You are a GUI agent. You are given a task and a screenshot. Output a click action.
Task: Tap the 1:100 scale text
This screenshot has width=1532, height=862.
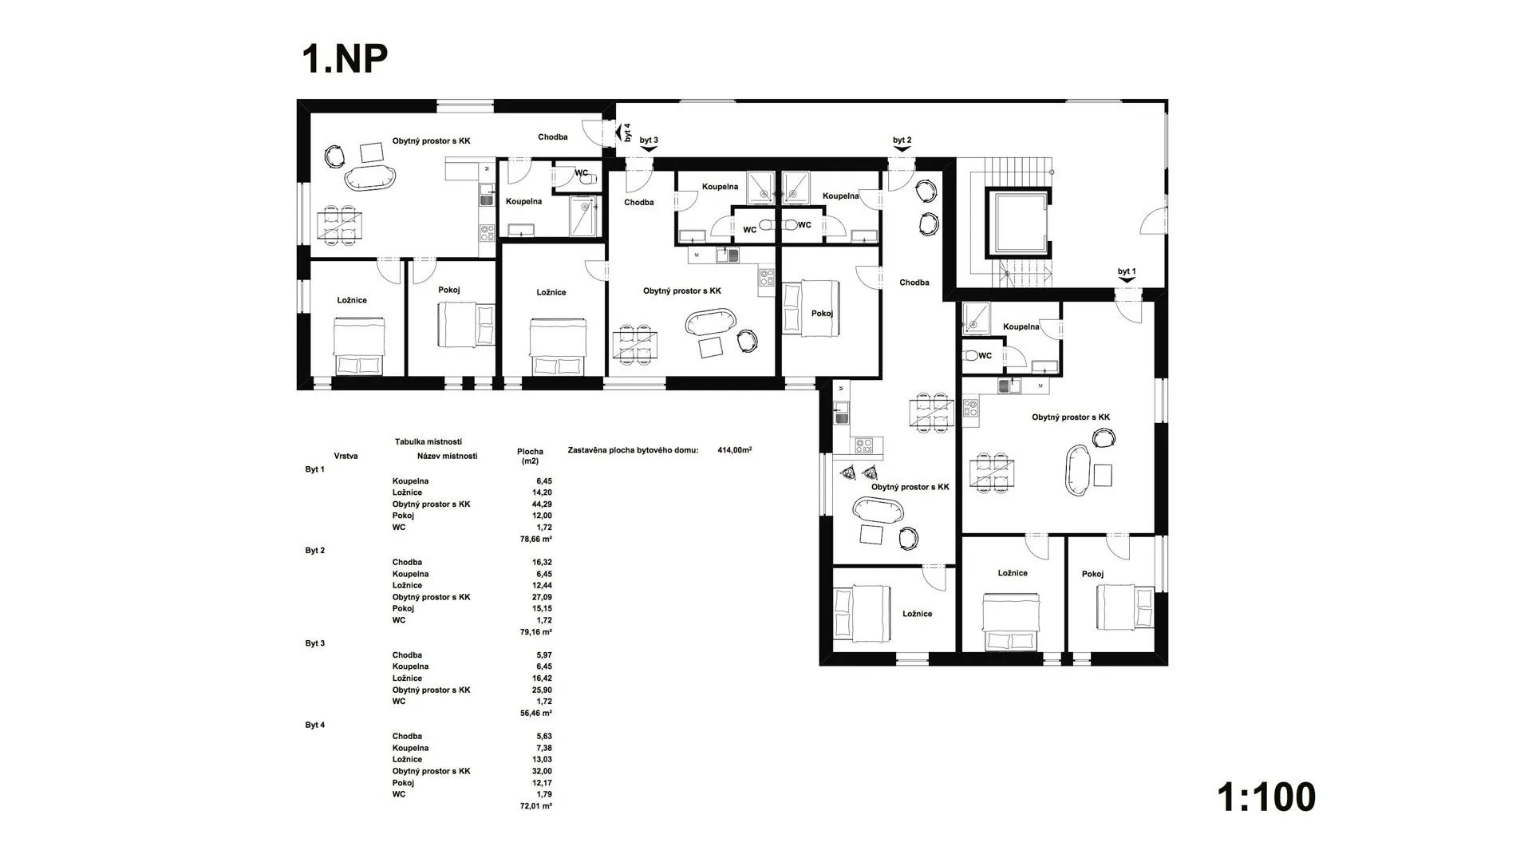[1266, 797]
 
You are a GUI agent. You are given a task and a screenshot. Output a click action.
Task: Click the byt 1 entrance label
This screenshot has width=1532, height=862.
[1127, 271]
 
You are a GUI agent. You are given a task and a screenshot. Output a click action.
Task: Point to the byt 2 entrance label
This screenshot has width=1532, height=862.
[902, 140]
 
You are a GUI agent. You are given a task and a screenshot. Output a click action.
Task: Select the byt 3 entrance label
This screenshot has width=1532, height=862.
[649, 140]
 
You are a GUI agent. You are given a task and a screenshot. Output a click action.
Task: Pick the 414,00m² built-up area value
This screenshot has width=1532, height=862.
[735, 450]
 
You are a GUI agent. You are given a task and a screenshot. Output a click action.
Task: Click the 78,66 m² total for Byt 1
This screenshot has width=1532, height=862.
[535, 539]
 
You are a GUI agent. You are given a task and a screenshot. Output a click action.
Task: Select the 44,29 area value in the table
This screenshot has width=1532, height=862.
[542, 504]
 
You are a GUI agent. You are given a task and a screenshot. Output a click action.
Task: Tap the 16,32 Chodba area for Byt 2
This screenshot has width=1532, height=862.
[542, 563]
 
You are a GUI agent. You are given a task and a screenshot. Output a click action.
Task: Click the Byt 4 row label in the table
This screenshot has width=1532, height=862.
[315, 726]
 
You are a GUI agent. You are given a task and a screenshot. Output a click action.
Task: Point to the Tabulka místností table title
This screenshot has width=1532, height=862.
[428, 441]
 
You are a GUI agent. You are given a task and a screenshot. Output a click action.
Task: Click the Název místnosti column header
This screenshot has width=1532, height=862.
[447, 457]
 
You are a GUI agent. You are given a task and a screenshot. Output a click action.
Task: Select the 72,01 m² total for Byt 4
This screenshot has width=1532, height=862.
[535, 806]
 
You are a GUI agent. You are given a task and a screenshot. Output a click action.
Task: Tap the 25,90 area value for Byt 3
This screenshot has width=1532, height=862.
[542, 690]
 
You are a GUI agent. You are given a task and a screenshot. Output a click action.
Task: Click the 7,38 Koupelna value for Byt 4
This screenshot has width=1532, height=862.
[544, 748]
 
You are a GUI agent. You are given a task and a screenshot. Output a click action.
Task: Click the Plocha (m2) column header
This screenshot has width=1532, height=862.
[530, 457]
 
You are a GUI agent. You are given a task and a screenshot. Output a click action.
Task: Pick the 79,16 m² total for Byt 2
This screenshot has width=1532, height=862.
[535, 632]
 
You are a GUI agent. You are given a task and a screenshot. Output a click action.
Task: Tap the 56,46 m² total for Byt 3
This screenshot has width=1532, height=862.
[535, 714]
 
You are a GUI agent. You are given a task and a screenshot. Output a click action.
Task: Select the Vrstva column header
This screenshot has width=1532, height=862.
[345, 457]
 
